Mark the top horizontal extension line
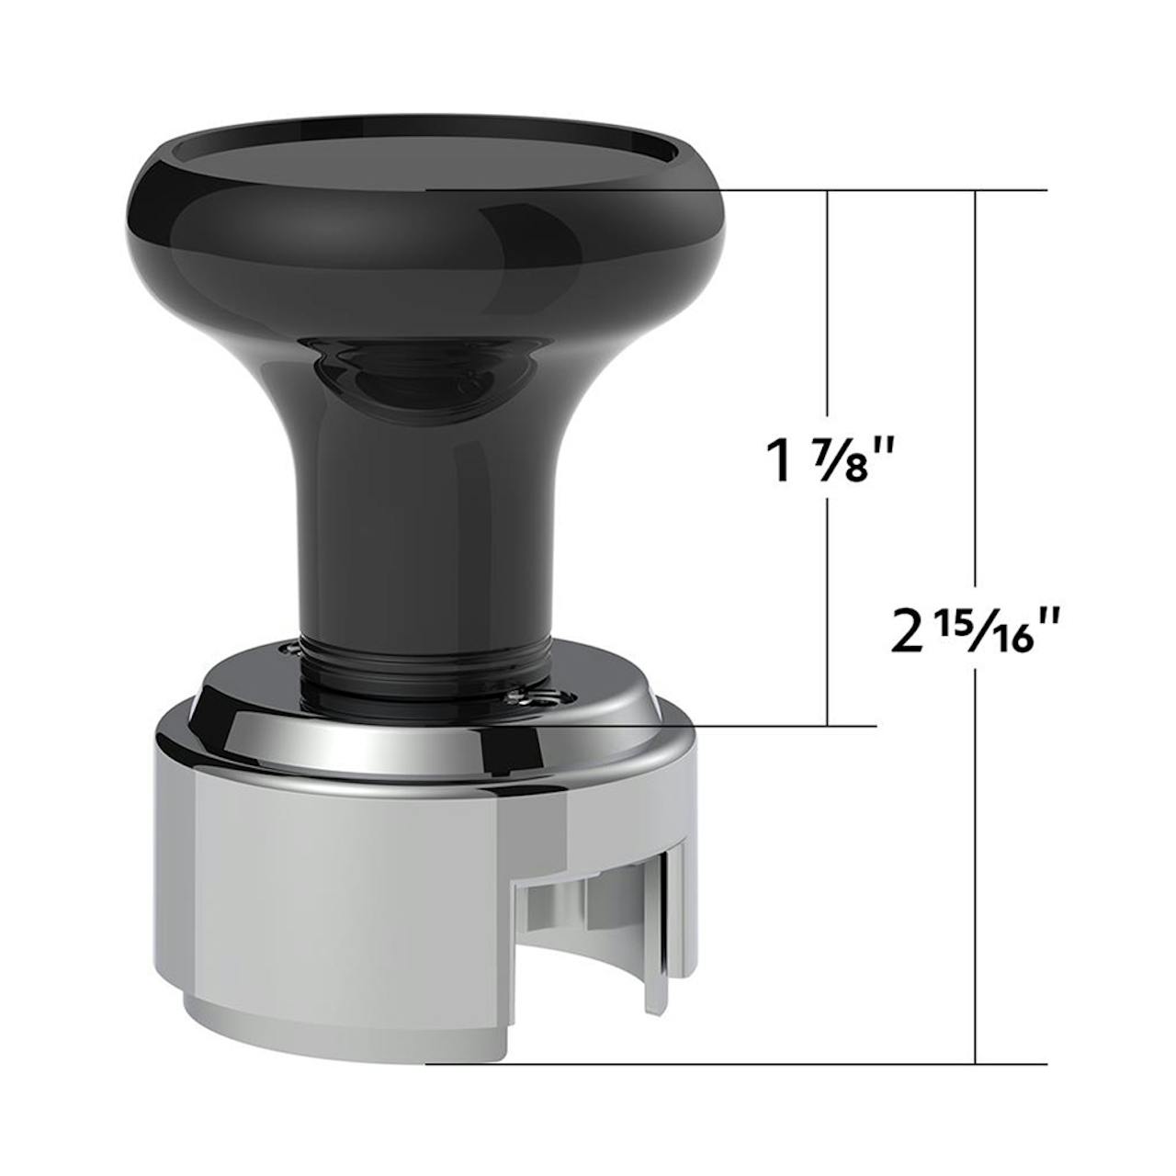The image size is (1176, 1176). pos(737,190)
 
